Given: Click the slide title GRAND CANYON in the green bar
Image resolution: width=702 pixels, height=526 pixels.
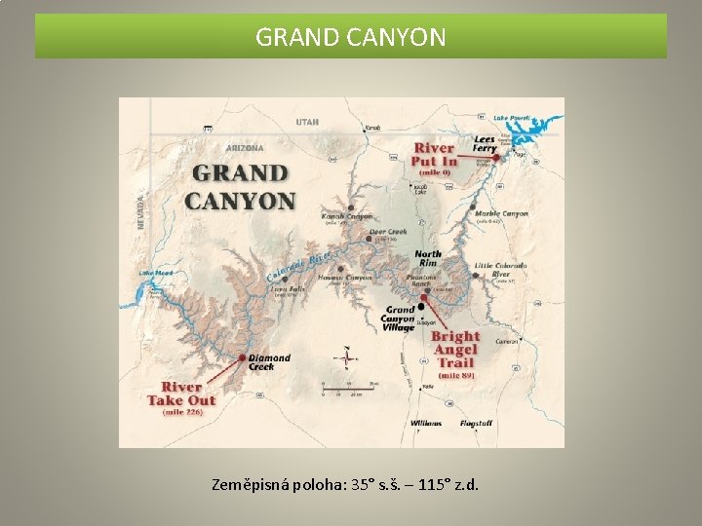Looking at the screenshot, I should pos(351,37).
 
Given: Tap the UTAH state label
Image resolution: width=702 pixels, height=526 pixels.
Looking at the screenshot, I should pos(307,122).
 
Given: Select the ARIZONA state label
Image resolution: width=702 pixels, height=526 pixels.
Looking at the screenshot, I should pos(244,148).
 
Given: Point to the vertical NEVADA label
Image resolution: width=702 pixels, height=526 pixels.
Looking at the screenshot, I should pos(139,208).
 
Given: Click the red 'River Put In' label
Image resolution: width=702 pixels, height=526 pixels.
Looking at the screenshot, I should pos(434,155).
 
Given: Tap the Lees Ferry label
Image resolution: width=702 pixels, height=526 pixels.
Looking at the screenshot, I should pos(485,144).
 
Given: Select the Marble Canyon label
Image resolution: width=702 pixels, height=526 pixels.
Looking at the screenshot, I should pos(502,213).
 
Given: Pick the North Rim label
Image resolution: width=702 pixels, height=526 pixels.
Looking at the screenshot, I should pos(428,257).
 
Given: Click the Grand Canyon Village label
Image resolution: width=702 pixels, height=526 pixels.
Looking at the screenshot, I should pos(398,319).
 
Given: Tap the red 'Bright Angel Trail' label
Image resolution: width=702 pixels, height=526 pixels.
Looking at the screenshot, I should pos(455,350).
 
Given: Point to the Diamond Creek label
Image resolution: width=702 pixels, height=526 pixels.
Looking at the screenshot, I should pos(268,361).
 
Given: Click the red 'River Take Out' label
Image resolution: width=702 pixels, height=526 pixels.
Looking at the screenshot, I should pos(181,394).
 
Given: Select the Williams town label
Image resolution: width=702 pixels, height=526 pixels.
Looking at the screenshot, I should pos(426,424).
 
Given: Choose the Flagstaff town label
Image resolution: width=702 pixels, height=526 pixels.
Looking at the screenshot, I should pos(477,424).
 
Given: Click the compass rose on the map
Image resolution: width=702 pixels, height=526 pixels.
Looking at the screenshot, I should pos(346,357).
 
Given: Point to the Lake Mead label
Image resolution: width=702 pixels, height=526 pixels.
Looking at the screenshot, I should pos(156,274).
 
